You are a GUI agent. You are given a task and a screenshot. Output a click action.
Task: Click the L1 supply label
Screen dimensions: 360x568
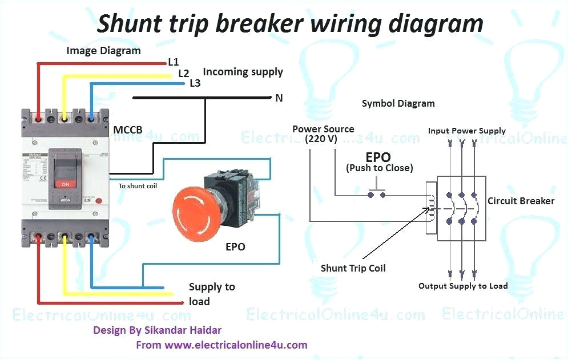pos(174,62)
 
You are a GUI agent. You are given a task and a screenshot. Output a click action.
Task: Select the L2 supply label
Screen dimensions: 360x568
pos(183,73)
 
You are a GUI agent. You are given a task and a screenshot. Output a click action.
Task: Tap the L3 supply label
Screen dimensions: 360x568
pos(195,83)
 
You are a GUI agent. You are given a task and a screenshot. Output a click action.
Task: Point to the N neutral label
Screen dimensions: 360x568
pos(279,98)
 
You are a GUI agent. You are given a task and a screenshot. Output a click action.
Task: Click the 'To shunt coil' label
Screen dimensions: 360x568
pos(138,186)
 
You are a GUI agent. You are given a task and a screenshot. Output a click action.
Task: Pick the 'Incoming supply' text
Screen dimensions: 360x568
pos(243,72)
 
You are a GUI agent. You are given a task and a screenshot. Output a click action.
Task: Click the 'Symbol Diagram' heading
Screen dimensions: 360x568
pos(398,104)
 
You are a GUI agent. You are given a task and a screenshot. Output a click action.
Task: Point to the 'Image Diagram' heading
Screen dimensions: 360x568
pos(103,51)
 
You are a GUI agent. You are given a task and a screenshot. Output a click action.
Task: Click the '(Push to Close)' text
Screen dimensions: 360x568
pos(379,168)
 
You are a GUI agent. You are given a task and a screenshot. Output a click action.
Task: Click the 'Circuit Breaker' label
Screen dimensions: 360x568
pos(521,201)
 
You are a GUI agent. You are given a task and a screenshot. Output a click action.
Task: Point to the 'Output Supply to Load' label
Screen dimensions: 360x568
pos(463,286)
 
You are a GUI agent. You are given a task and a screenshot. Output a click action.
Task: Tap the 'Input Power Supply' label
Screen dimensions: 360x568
pos(466,131)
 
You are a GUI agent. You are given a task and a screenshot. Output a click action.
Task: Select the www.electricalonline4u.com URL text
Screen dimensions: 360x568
pos(236,345)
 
